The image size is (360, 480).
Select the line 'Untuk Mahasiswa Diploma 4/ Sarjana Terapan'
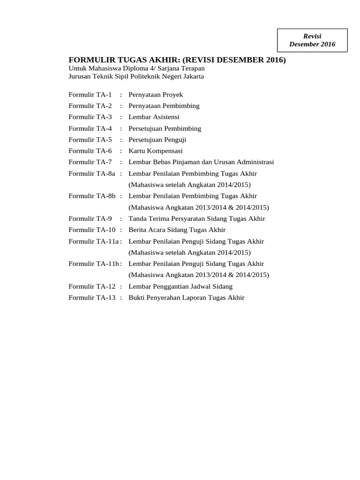coord(136,68)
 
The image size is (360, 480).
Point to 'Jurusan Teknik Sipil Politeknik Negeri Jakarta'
coord(136,76)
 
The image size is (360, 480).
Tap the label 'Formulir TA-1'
coord(90,95)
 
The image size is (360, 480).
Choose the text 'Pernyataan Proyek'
coord(152,95)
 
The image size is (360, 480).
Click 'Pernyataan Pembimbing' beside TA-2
coord(164,106)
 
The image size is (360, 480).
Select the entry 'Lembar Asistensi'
coord(154,117)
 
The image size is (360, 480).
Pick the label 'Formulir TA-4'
coord(90,128)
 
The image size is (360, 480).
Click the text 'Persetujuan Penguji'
coord(157,140)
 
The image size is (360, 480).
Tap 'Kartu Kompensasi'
coord(156,151)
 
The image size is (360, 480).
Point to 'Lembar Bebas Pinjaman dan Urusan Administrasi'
coord(201,162)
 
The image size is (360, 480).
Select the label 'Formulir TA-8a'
coord(92,173)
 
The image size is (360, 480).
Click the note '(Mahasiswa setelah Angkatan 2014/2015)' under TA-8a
coord(189,185)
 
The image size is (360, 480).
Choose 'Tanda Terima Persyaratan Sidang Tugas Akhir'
coord(196,218)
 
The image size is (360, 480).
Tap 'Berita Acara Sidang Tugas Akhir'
coord(177,230)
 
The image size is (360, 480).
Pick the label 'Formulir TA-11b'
coord(94,264)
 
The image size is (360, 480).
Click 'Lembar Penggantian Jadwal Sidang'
coord(180,286)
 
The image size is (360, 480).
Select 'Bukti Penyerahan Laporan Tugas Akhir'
coord(187,298)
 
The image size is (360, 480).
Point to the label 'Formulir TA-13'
coord(92,298)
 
